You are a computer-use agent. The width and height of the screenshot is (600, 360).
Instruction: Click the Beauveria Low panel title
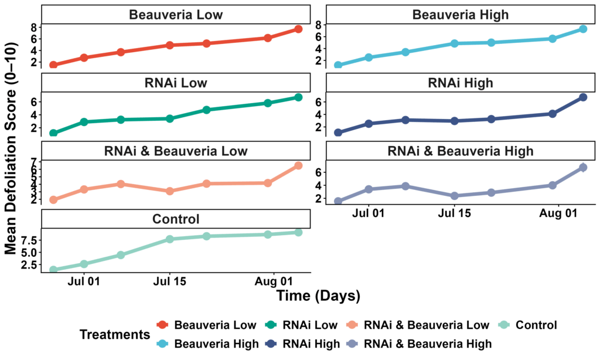coord(176,15)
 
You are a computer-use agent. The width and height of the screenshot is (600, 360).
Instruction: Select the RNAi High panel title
coord(460,83)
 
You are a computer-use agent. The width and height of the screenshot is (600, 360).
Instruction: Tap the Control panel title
coord(176,219)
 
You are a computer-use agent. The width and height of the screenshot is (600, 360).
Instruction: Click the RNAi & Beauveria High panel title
coord(460,151)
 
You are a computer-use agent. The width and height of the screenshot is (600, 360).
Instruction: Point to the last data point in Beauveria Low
coord(298,29)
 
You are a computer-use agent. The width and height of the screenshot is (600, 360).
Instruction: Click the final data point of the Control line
coord(298,232)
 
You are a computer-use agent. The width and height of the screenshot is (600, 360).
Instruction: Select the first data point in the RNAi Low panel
coord(53,133)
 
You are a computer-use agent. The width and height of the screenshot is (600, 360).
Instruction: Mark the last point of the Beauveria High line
coord(583,29)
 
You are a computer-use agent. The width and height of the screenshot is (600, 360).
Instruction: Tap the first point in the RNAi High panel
coord(338,133)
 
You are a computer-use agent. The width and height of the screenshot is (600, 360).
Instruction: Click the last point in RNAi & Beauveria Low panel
coord(298,165)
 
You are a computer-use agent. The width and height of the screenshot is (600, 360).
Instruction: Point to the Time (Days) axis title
coord(318,296)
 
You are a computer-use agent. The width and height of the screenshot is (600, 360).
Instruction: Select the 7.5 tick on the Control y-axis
coord(30,240)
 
